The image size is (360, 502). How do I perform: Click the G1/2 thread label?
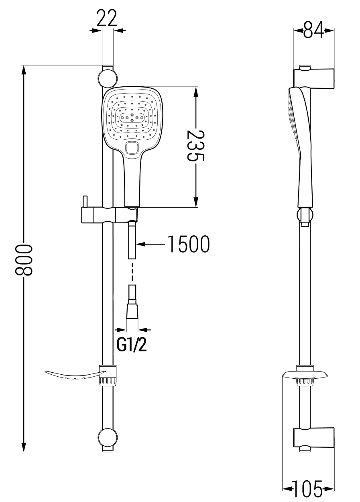(132, 345)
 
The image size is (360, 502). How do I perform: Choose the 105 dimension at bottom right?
(308, 489)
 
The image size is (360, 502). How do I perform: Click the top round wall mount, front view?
(108, 78)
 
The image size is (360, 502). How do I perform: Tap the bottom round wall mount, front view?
(108, 437)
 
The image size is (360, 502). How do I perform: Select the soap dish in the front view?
(74, 376)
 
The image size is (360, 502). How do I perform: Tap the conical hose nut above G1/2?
(132, 311)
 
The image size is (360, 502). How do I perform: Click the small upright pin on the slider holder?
(85, 201)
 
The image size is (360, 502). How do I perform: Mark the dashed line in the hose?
(132, 272)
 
